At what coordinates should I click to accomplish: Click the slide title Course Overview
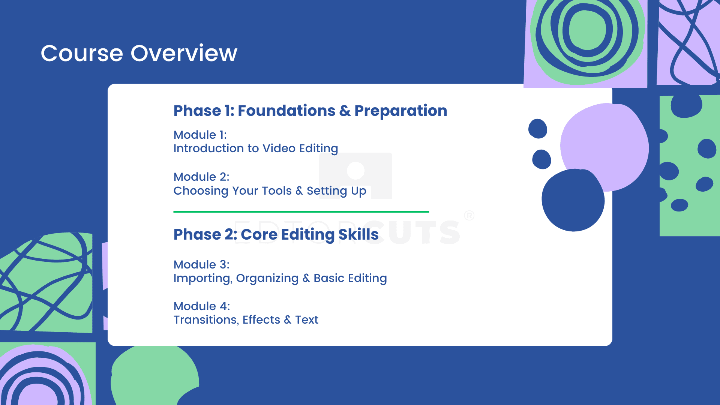pos(139,53)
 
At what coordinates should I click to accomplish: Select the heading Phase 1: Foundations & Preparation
pos(310,111)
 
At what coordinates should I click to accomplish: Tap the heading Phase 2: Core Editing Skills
pos(276,234)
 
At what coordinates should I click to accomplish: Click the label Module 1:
pos(200,135)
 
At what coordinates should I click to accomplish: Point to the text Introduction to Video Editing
pos(256,148)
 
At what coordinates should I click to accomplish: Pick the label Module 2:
pos(201,177)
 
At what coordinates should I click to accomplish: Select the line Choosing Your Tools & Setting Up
pos(270,191)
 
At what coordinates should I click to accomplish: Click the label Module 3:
pos(201,264)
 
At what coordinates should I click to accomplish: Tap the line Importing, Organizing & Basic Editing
pos(280,278)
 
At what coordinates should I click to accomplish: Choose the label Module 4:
pos(202,306)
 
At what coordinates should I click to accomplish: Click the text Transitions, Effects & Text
pos(246,320)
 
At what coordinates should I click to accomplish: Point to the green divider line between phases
pos(301,212)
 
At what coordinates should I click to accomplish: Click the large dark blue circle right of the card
pos(573,200)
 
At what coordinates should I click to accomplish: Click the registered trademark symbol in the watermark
pos(469,216)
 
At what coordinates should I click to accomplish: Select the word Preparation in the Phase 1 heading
pos(401,111)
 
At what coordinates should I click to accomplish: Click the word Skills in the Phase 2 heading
pos(358,234)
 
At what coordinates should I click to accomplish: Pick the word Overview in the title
pos(184,53)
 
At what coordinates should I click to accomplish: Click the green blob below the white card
pos(154,375)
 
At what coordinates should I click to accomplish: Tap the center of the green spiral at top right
pos(588,29)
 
